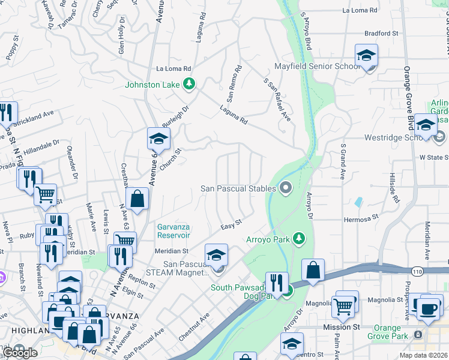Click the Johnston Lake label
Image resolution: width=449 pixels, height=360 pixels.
click(152, 85)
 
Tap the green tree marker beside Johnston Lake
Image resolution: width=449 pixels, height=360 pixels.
click(189, 84)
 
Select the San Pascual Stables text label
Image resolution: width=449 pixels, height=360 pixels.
click(238, 188)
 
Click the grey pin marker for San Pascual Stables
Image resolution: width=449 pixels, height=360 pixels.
click(286, 189)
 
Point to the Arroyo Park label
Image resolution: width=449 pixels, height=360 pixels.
click(268, 239)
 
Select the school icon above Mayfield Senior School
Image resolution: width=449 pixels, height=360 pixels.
click(366, 55)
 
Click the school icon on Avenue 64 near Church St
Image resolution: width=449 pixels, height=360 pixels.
click(158, 139)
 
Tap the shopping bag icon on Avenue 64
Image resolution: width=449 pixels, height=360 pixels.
click(137, 199)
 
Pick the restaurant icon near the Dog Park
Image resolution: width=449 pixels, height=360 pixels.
click(276, 282)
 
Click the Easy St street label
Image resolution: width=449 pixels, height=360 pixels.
click(231, 223)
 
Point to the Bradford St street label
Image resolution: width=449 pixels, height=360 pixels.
click(381, 34)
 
